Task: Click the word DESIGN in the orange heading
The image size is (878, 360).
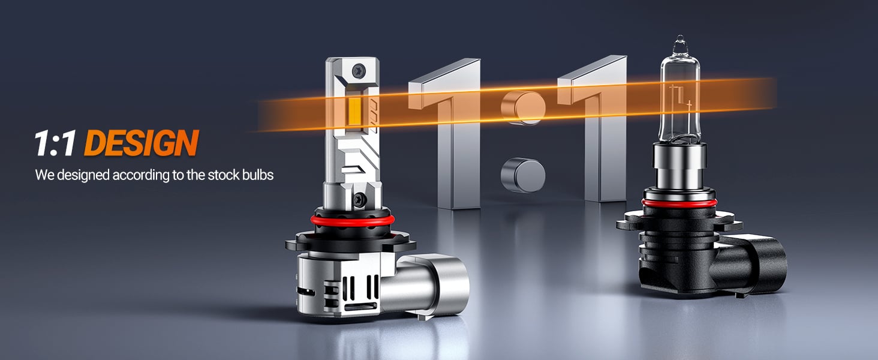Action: point(141,144)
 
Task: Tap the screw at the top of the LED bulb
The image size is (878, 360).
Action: point(358,69)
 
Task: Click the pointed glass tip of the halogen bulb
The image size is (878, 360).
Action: point(678,43)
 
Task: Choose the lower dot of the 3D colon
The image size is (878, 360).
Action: point(524,175)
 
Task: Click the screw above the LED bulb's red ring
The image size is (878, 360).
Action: point(359,197)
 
